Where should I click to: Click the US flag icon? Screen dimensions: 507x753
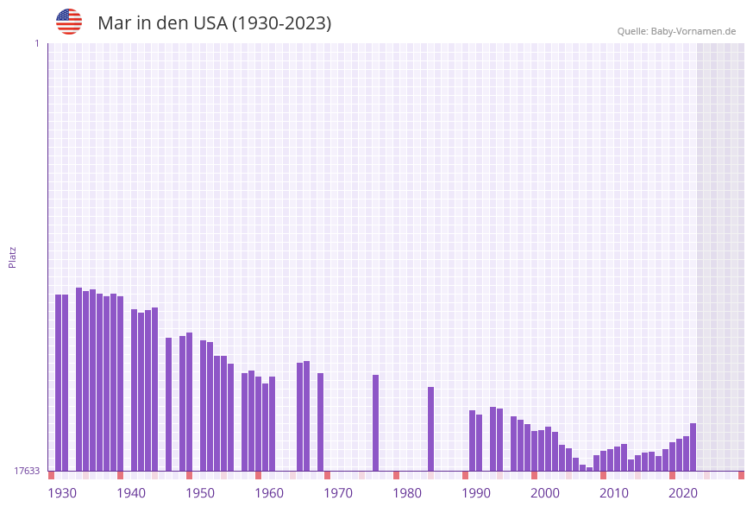pyautogui.click(x=69, y=22)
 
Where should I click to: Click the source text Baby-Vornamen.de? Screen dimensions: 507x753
pyautogui.click(x=693, y=31)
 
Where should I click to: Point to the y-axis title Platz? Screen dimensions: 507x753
pyautogui.click(x=13, y=257)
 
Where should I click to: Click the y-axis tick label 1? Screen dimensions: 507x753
pyautogui.click(x=36, y=43)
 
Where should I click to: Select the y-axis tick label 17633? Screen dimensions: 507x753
pyautogui.click(x=27, y=471)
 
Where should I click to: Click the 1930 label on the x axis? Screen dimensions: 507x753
pyautogui.click(x=62, y=493)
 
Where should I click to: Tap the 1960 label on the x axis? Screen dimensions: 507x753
pyautogui.click(x=269, y=493)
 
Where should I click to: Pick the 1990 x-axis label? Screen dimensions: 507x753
pyautogui.click(x=476, y=493)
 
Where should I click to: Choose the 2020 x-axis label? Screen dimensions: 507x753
pyautogui.click(x=683, y=493)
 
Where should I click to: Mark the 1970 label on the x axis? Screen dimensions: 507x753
pyautogui.click(x=338, y=493)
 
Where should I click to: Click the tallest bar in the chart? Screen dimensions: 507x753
pyautogui.click(x=79, y=379)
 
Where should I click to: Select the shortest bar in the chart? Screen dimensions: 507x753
pyautogui.click(x=590, y=469)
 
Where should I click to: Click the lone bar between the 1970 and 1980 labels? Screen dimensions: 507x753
pyautogui.click(x=376, y=422)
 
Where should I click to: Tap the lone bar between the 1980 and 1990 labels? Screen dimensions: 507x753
pyautogui.click(x=431, y=428)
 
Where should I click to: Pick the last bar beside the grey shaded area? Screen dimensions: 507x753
pyautogui.click(x=693, y=447)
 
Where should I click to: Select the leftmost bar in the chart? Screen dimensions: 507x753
pyautogui.click(x=59, y=383)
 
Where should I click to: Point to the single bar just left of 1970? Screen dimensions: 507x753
pyautogui.click(x=321, y=421)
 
